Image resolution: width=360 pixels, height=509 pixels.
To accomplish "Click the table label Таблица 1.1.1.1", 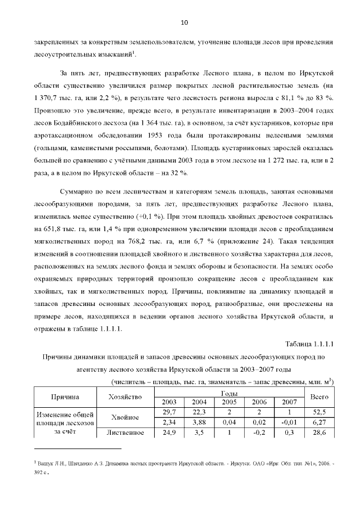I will [309, 344].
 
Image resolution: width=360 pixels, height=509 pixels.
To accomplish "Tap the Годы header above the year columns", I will [228, 393].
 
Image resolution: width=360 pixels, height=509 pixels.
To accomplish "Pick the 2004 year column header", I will [199, 402].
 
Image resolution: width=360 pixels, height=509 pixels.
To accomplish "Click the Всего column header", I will [319, 397].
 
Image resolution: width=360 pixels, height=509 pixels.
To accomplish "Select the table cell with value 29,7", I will [169, 412].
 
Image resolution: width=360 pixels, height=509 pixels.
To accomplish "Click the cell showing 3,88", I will [199, 422].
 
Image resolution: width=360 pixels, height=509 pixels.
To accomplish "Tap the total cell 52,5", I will [319, 412].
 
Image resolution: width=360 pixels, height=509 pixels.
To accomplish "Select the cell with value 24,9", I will [169, 433].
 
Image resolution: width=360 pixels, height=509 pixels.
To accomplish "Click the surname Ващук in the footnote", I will [48, 462].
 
